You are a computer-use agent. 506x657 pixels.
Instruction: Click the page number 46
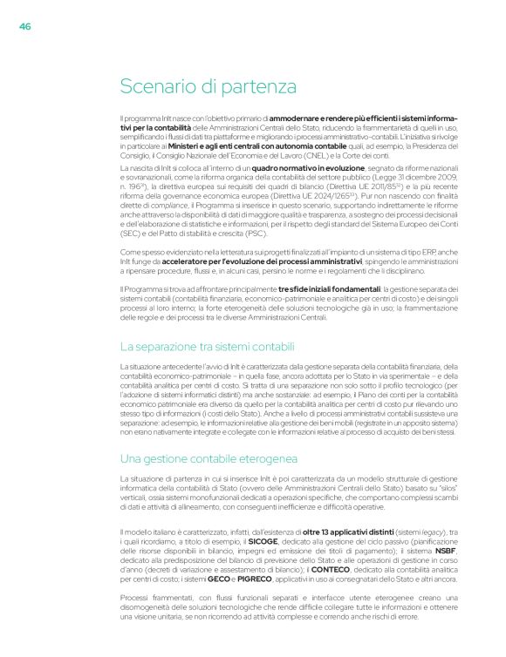25,26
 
